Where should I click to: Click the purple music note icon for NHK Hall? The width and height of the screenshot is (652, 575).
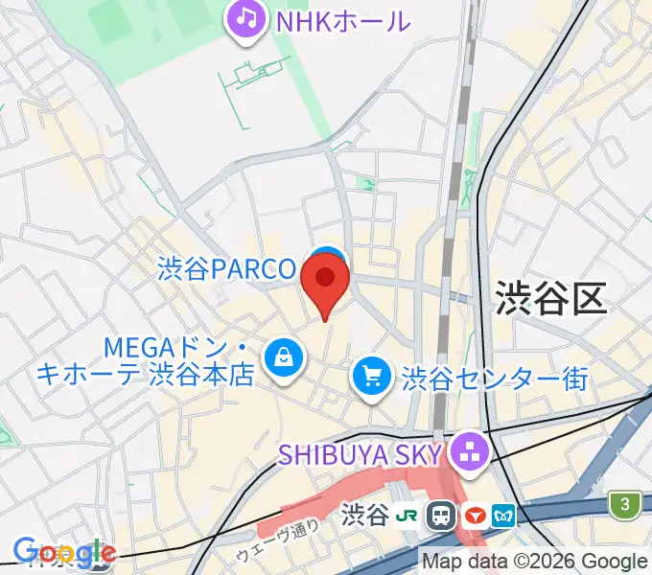coord(246,19)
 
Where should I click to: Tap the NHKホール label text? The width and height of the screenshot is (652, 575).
coord(343,20)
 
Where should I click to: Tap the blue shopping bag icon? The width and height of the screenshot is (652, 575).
coord(284,359)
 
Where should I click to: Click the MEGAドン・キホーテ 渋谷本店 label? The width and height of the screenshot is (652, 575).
coord(144,359)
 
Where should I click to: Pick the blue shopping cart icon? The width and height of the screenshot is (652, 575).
coord(372,376)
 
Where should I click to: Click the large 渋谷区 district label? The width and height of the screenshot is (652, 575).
coord(551,300)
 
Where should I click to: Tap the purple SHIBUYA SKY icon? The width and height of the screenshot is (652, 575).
coord(471,452)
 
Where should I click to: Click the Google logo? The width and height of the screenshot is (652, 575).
coord(63,553)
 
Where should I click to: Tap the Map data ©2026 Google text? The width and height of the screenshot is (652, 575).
coord(535,562)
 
